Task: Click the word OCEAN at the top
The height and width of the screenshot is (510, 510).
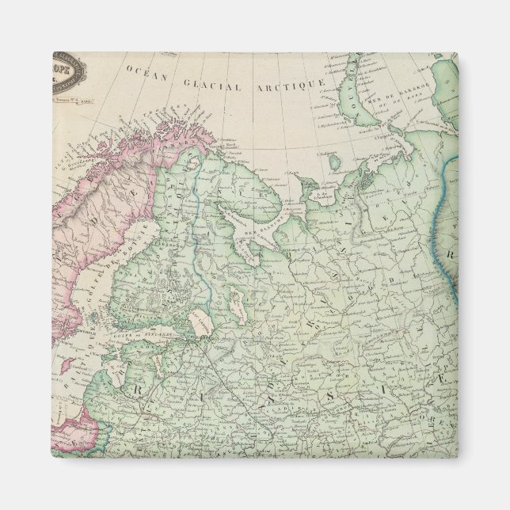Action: tap(144, 72)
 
